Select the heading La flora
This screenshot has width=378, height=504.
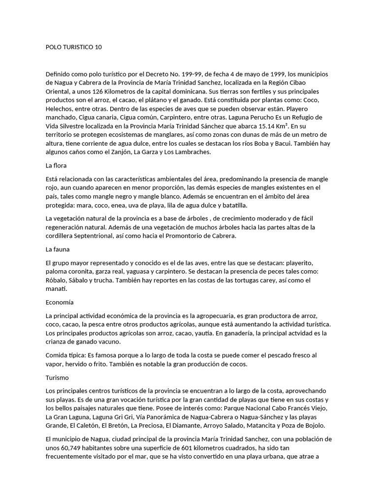(56, 165)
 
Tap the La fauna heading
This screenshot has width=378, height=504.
(57, 249)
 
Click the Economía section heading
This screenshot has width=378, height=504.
(60, 302)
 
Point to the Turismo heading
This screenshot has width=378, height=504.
(57, 378)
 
